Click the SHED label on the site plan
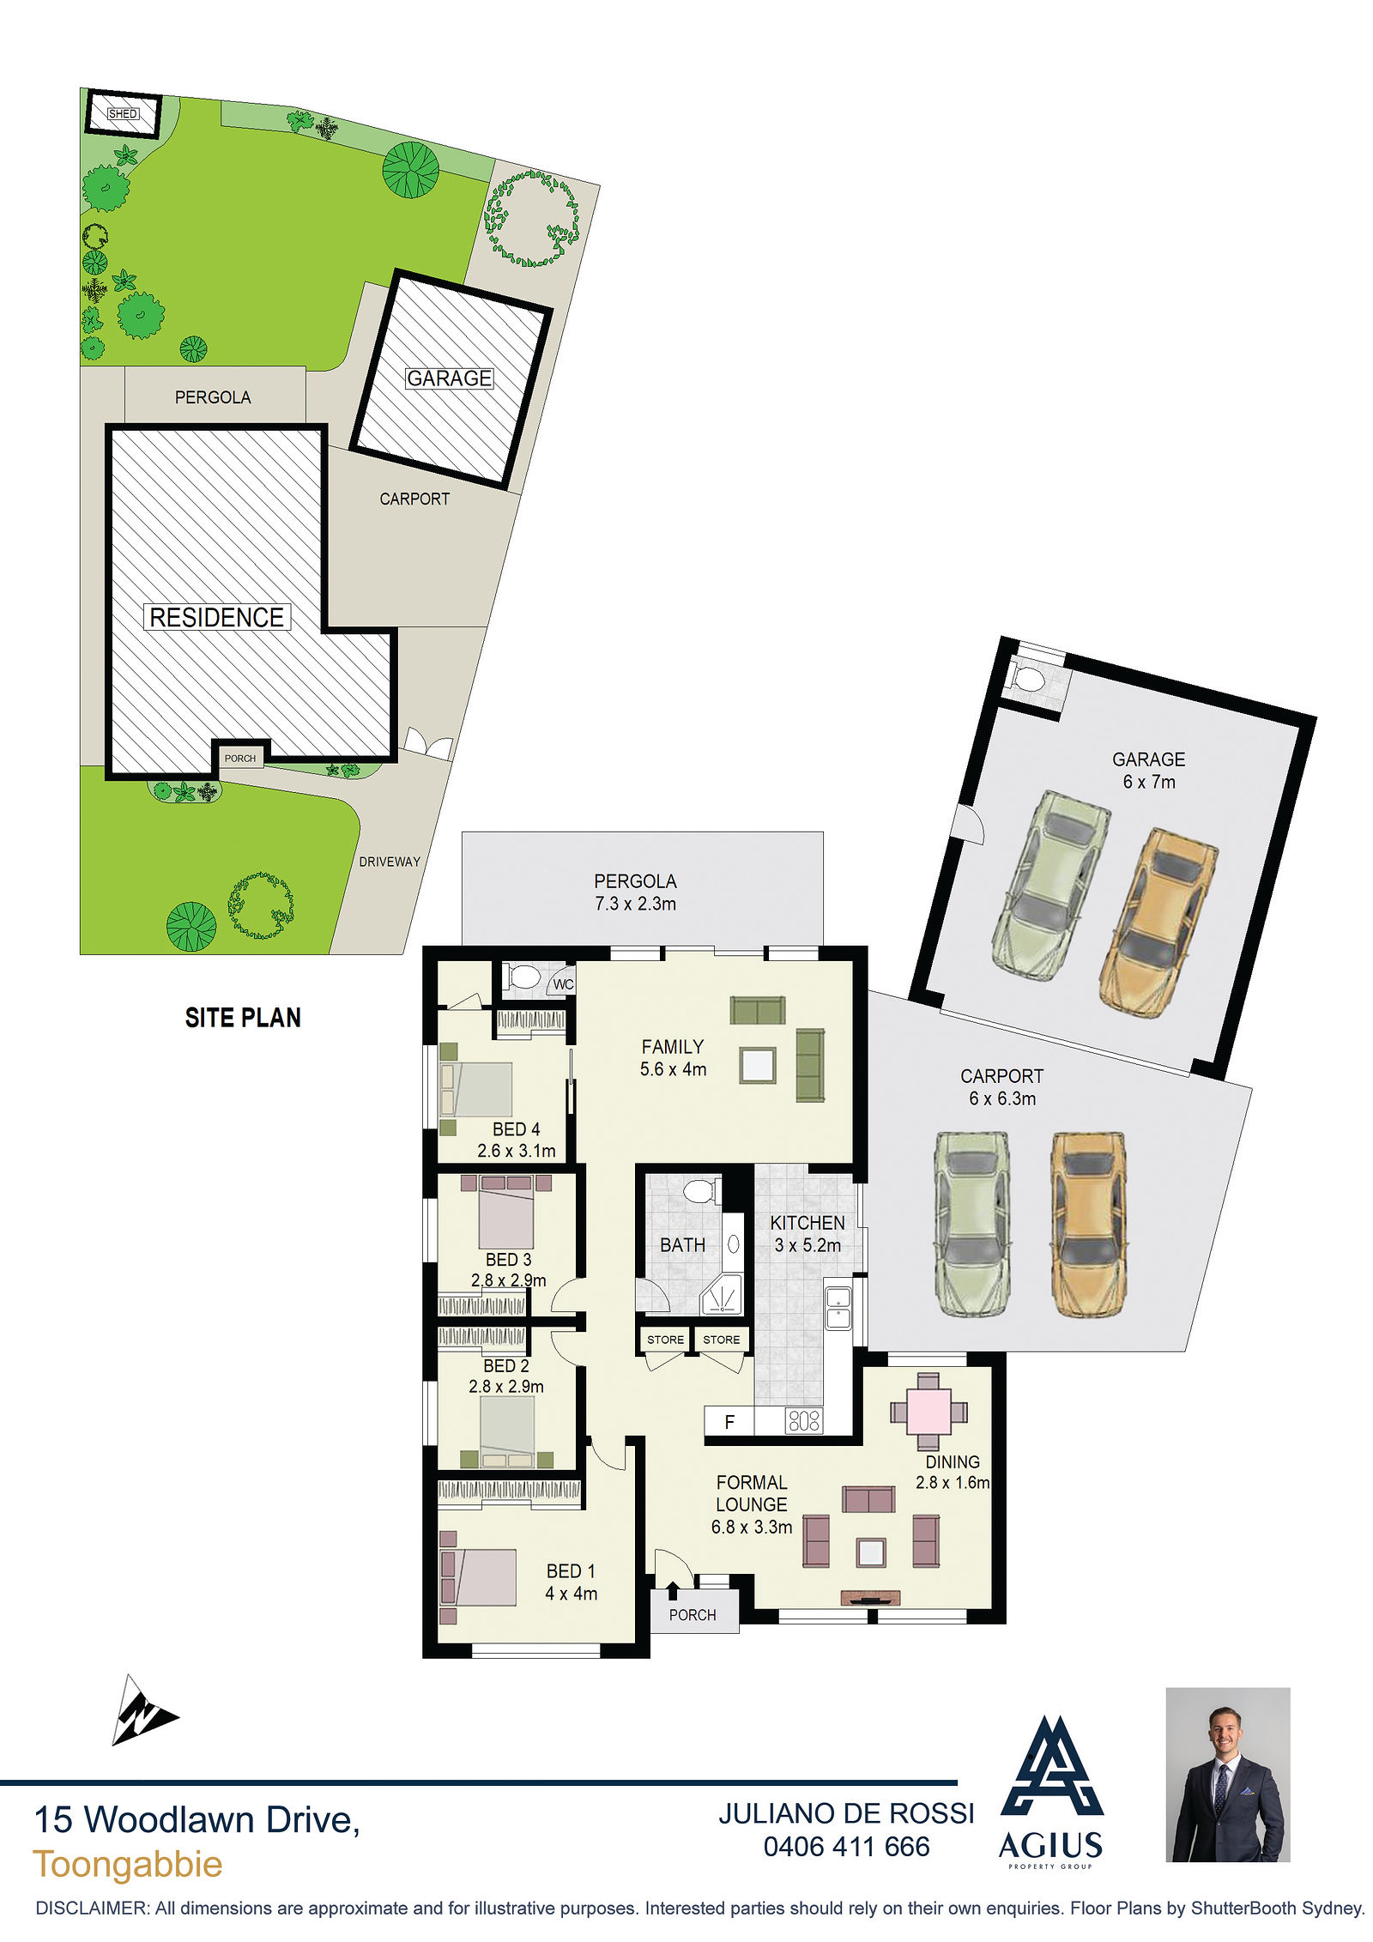pos(123,113)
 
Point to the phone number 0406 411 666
pos(846,1846)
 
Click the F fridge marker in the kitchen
pos(729,1422)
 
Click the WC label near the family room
pos(563,984)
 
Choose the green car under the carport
pos(971,1223)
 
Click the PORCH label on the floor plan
pos(693,1615)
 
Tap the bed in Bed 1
pos(477,1576)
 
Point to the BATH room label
pos(682,1244)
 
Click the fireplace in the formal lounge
pos(870,1597)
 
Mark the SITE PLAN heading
pos(243,1018)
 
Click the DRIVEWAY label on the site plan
pos(390,862)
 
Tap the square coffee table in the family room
pos(758,1066)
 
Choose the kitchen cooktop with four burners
pos(804,1421)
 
